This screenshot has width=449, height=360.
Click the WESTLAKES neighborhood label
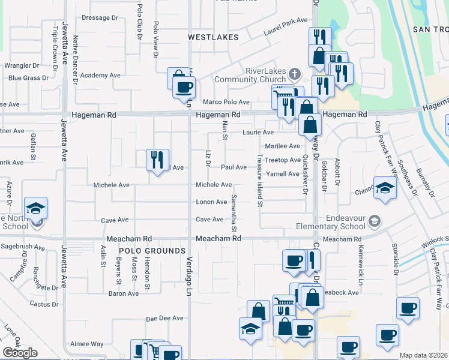click(212, 37)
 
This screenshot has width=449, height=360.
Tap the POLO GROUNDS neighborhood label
click(152, 251)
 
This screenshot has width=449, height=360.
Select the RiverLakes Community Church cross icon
click(294, 74)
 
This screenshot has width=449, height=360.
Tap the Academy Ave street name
click(100, 76)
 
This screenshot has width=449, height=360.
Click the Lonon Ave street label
click(211, 202)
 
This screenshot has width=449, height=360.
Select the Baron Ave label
click(124, 293)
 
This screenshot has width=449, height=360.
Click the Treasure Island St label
click(261, 181)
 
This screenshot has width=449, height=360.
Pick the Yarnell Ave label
click(283, 174)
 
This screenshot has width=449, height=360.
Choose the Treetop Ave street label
click(283, 160)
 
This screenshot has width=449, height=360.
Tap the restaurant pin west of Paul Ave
click(157, 160)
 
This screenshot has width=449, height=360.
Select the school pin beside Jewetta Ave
click(36, 209)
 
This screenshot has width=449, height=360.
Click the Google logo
click(20, 352)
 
